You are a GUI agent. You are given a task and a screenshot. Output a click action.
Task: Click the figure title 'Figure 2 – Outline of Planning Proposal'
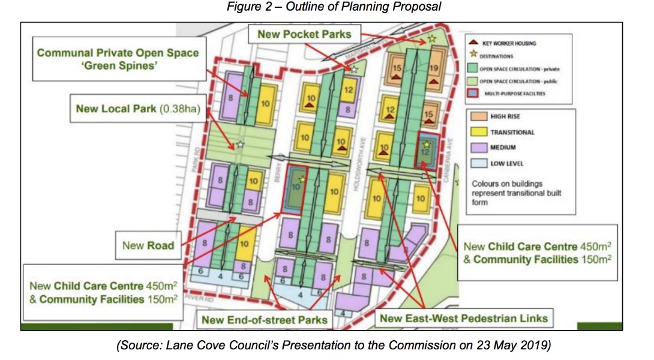(326, 8)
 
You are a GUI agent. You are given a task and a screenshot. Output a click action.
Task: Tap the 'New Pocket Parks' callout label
(304, 34)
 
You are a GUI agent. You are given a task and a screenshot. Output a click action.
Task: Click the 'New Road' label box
(148, 245)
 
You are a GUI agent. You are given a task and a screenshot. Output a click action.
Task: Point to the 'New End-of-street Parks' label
(265, 319)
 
